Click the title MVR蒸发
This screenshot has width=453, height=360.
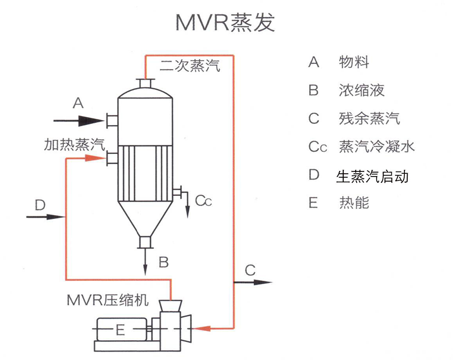click(225, 23)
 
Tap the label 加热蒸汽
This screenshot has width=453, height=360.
click(74, 144)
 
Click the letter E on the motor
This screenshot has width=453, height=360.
click(119, 329)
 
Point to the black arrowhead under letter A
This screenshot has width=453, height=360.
click(91, 120)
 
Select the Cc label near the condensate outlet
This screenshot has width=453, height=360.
click(203, 200)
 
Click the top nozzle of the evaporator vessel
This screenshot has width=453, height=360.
click(146, 84)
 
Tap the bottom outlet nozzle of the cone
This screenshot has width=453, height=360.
click(146, 242)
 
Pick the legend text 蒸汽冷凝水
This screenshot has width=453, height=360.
click(376, 147)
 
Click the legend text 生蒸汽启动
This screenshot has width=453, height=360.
click(372, 175)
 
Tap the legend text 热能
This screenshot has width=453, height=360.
click(354, 203)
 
